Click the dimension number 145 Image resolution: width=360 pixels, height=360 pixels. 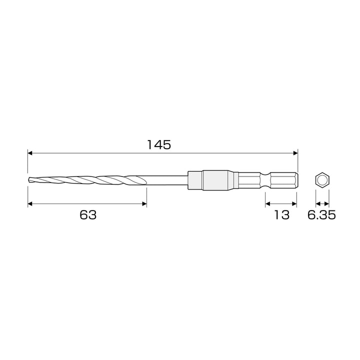[x=159, y=144]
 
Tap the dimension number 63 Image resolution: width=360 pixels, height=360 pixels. [x=88, y=215]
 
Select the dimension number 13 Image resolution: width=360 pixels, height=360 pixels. [x=281, y=215]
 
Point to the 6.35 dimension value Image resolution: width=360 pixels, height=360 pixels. [x=321, y=215]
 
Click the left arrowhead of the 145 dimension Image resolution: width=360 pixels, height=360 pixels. [x=30, y=153]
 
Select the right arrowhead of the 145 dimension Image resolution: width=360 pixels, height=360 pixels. [x=295, y=153]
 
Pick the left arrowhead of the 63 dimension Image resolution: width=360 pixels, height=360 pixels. [x=30, y=203]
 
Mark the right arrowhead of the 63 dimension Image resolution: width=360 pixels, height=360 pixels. [x=144, y=203]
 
